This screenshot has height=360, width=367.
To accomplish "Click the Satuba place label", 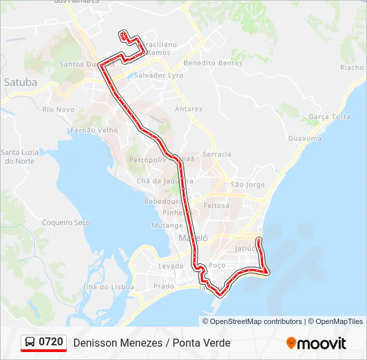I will pyautogui.click(x=21, y=83).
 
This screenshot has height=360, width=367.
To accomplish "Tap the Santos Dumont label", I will pyautogui.click(x=85, y=65).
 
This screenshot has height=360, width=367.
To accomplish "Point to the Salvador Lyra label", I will pyautogui.click(x=158, y=75).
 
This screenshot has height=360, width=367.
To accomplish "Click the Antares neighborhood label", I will pyautogui.click(x=188, y=109).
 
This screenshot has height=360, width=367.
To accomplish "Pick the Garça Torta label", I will pyautogui.click(x=329, y=117).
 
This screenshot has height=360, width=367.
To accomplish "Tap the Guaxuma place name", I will pyautogui.click(x=304, y=138).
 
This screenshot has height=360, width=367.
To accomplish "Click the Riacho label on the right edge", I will pyautogui.click(x=352, y=67).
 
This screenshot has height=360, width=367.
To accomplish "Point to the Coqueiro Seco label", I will pyautogui.click(x=65, y=223).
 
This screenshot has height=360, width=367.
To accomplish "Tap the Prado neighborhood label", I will pyautogui.click(x=163, y=286).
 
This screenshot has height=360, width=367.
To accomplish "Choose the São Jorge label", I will pyautogui.click(x=247, y=185).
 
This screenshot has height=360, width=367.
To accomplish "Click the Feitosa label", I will pyautogui.click(x=216, y=205).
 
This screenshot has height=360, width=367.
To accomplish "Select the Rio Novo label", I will pyautogui.click(x=58, y=109).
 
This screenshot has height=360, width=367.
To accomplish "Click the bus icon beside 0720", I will pyautogui.click(x=30, y=343).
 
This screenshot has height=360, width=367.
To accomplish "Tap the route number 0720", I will pyautogui.click(x=51, y=343).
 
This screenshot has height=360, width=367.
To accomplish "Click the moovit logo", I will pyautogui.click(x=316, y=343).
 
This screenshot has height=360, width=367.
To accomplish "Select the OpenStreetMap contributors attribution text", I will pyautogui.click(x=256, y=321).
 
